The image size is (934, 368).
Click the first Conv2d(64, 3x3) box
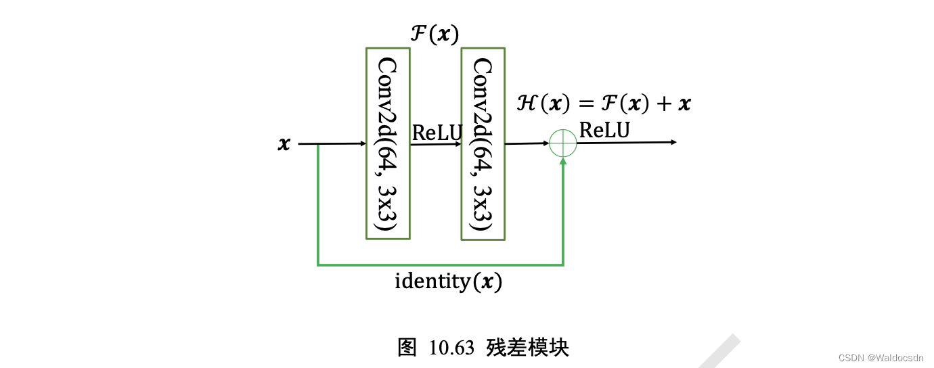pyautogui.click(x=388, y=143)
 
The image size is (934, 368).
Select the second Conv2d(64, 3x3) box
pyautogui.click(x=483, y=143)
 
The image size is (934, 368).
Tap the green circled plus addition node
pyautogui.click(x=563, y=143)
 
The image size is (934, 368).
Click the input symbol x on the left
pyautogui.click(x=284, y=144)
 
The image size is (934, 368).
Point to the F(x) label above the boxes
pyautogui.click(x=435, y=33)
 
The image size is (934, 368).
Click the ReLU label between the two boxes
pyautogui.click(x=436, y=133)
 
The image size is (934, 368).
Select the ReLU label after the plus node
pyautogui.click(x=604, y=130)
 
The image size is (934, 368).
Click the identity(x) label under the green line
pyautogui.click(x=448, y=281)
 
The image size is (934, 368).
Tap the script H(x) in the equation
pyautogui.click(x=539, y=103)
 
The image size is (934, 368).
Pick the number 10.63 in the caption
pyautogui.click(x=451, y=348)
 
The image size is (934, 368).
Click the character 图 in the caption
pyautogui.click(x=407, y=347)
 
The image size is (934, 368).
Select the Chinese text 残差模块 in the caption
pyautogui.click(x=527, y=347)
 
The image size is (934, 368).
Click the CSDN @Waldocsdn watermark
pyautogui.click(x=880, y=357)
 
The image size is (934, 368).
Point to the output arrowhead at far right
pyautogui.click(x=673, y=142)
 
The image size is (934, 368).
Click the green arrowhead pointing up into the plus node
pyautogui.click(x=563, y=162)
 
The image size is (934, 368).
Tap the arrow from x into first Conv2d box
pyautogui.click(x=332, y=143)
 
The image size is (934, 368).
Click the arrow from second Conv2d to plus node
pyautogui.click(x=527, y=143)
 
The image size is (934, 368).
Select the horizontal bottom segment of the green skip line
pyautogui.click(x=440, y=264)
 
